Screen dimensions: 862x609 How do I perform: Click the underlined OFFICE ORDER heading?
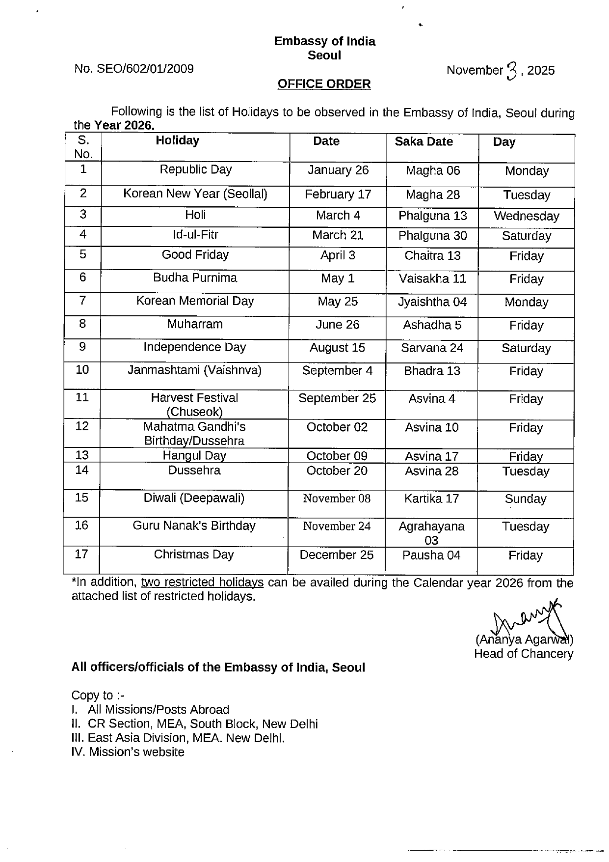(324, 84)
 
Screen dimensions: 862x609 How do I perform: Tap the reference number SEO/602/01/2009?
(134, 69)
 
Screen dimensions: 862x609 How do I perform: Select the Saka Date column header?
(424, 141)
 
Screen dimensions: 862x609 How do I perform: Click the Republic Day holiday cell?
(195, 170)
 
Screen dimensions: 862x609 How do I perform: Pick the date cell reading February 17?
(338, 195)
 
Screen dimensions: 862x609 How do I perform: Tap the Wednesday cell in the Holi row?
(526, 216)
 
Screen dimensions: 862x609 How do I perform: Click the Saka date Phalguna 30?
(432, 236)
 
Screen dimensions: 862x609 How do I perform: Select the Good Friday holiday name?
(195, 255)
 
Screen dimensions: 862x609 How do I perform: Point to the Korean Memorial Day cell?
(195, 301)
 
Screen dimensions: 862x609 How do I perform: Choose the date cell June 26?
(338, 325)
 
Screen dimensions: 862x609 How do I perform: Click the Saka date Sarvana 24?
(432, 348)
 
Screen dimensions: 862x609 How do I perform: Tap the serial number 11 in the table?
(82, 397)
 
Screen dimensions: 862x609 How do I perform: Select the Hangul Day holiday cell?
(194, 456)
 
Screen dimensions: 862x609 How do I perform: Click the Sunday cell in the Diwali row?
(525, 499)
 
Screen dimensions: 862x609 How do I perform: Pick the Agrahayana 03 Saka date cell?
(431, 533)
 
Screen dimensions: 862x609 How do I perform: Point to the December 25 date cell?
(337, 555)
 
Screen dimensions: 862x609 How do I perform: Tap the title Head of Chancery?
(523, 654)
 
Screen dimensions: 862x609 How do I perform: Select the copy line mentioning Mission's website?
(128, 752)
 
